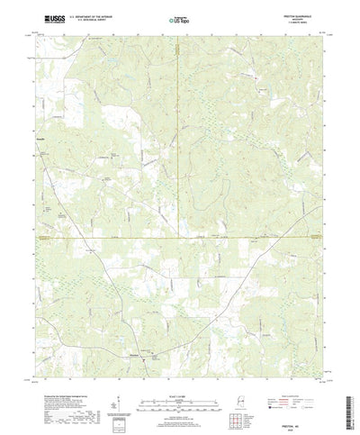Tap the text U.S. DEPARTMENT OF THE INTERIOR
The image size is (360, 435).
pos(81,15)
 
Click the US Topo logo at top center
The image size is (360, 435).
pos(180,17)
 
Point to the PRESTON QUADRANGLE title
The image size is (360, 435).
pos(301,14)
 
